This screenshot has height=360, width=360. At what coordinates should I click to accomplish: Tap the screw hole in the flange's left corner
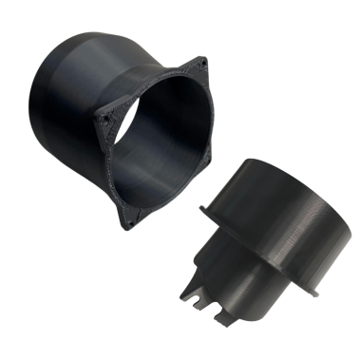105,119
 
